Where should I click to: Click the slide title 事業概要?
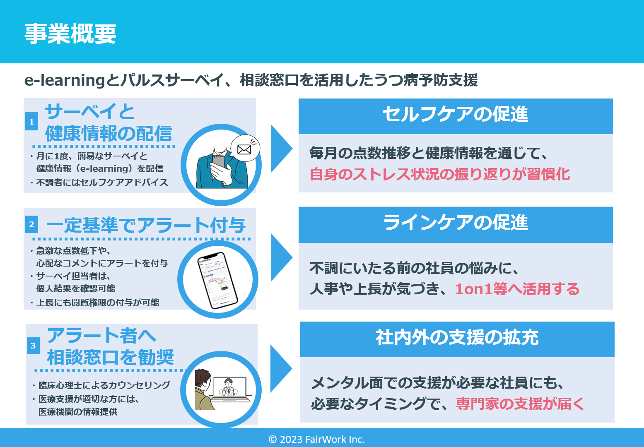[70, 34]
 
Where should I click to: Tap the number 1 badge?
[31, 122]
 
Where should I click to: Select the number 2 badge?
[31, 225]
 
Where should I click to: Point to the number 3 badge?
[33, 346]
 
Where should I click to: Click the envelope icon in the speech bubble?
[244, 149]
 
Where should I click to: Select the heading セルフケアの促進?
[455, 115]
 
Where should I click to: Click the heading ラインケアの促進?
[456, 223]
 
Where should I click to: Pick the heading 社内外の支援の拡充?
[457, 338]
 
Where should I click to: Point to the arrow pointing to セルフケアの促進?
[280, 149]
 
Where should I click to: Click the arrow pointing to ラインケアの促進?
[280, 257]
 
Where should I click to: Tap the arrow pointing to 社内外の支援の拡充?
[280, 368]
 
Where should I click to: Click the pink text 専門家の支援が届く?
[520, 404]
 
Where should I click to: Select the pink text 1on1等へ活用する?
[517, 289]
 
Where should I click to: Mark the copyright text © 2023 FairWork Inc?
[317, 440]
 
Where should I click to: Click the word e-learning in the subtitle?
[65, 80]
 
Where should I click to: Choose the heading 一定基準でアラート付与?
[146, 226]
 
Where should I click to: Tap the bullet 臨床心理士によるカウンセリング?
[104, 385]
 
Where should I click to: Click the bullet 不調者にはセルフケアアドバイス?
[102, 183]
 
